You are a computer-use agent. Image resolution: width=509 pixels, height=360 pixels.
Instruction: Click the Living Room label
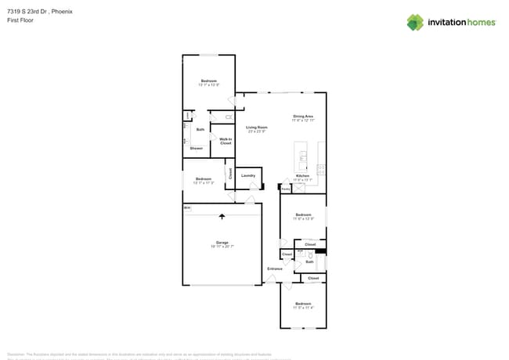click(x=257, y=127)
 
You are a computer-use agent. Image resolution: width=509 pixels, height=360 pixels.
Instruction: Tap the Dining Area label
click(x=303, y=117)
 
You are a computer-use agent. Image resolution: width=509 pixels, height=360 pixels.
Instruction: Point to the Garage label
click(x=222, y=242)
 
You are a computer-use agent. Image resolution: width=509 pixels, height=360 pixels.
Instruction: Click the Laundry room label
click(x=248, y=175)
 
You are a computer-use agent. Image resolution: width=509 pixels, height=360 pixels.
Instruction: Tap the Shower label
click(x=197, y=148)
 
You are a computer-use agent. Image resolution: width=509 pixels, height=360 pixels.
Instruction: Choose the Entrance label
click(x=274, y=268)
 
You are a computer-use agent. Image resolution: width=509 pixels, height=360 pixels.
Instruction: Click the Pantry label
click(x=286, y=188)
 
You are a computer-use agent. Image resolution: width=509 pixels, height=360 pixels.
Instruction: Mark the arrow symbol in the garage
click(x=222, y=217)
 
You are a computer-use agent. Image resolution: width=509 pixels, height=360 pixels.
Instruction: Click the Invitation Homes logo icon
click(x=415, y=22)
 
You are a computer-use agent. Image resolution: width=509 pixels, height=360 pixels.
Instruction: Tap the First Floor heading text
click(x=18, y=21)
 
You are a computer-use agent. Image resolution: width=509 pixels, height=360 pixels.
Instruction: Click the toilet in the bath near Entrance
click(x=312, y=256)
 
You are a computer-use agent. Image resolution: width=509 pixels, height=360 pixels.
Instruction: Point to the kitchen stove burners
click(x=321, y=168)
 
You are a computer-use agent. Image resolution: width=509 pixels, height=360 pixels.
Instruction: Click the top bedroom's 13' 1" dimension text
click(x=204, y=85)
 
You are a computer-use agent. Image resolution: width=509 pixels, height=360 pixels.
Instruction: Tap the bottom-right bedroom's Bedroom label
click(x=303, y=303)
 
